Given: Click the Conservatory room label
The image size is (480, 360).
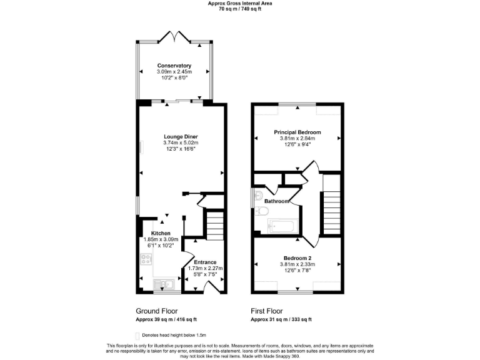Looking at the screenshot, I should click(174, 66).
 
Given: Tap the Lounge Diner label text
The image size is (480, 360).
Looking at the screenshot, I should click(181, 136).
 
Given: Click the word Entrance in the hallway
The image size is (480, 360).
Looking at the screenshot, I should click(205, 262).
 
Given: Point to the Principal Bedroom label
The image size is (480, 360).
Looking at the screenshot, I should click(297, 132).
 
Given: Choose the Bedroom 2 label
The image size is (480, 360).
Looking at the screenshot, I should click(297, 258).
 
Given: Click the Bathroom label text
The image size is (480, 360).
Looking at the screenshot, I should click(277, 201).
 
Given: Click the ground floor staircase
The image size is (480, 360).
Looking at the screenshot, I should click(214, 222).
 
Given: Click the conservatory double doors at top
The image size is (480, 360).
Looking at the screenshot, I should click(174, 37).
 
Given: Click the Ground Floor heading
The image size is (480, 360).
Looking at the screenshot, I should click(156, 311).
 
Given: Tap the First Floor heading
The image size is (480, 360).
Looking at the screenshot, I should click(267, 311).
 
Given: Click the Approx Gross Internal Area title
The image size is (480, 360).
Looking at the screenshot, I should click(240, 3).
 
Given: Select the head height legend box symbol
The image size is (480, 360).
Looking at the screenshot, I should click(138, 335).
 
